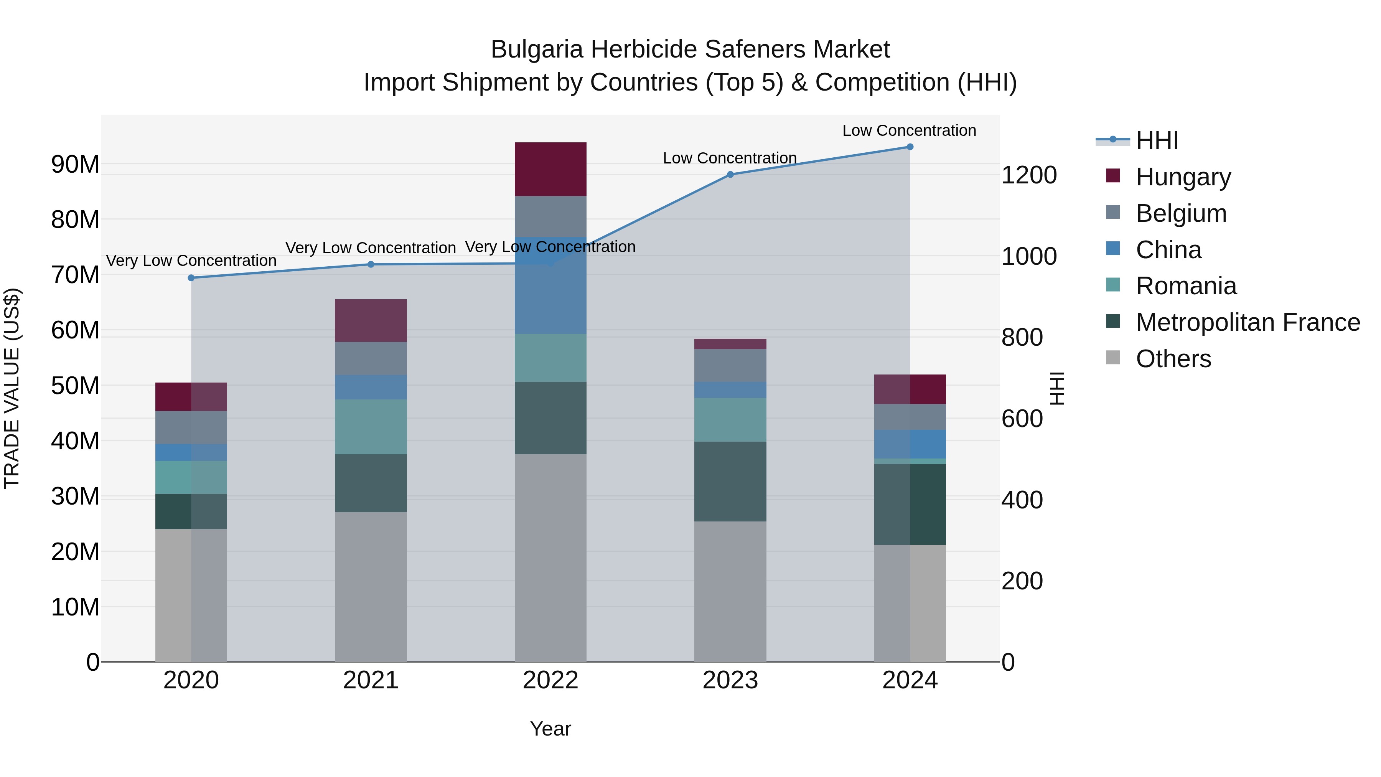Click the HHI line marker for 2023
[730, 174]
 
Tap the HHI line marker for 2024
[910, 147]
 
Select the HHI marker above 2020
[191, 278]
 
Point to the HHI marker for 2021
[371, 264]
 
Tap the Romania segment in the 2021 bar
[371, 427]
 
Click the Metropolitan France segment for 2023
[730, 482]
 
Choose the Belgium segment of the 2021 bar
[371, 358]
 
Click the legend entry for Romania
[1186, 286]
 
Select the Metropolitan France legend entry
[1248, 322]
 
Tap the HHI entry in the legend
[1157, 140]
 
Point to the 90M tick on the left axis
[75, 164]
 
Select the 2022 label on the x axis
[550, 680]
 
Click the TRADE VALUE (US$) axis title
[12, 388]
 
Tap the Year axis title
[550, 729]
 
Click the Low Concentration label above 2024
[909, 130]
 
